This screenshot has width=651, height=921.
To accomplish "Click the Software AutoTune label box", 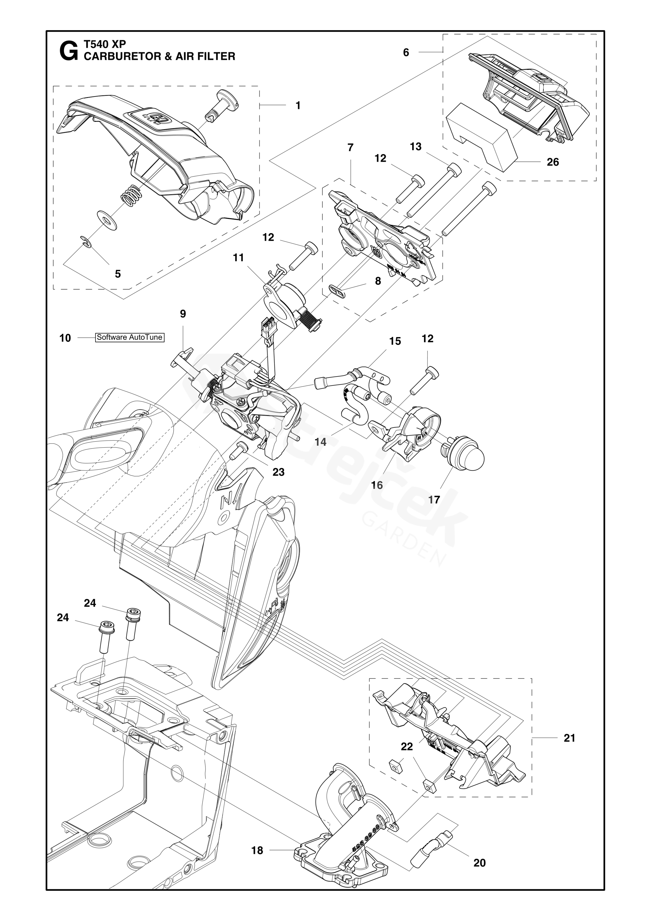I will [129, 337].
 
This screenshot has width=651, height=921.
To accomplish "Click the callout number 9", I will [183, 314].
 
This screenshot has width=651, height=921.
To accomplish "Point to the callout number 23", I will [278, 472].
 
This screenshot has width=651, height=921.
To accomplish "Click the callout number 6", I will [406, 53].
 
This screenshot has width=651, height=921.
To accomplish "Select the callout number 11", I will [239, 258].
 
